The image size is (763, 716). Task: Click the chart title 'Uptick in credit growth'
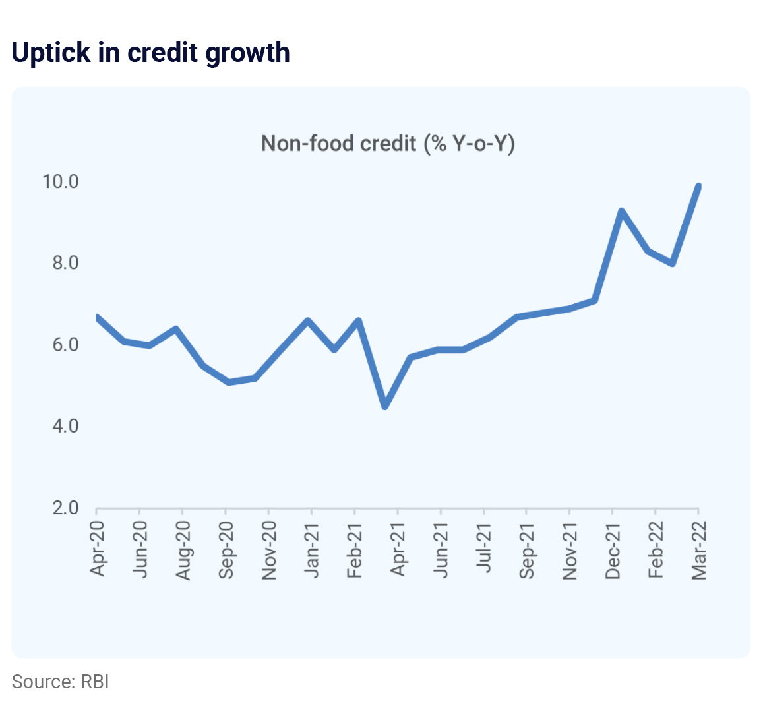[x=151, y=53]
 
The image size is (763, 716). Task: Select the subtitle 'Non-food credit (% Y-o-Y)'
[x=388, y=143]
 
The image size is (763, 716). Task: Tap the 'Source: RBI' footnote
[x=60, y=681]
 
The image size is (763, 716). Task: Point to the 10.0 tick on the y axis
[x=61, y=181]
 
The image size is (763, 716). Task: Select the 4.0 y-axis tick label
[x=65, y=426]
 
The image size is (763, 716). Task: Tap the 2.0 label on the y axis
[x=65, y=508]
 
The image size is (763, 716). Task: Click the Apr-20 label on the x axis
[x=97, y=548]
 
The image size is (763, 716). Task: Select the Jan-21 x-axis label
[x=312, y=549]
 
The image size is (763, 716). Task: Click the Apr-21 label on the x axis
[x=398, y=548]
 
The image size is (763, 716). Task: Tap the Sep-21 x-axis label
[x=527, y=549]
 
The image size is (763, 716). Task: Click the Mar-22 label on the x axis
[x=698, y=549]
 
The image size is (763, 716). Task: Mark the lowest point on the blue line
[x=385, y=406]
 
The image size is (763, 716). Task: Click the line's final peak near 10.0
[x=698, y=187]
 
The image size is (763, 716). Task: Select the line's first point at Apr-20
[x=98, y=318]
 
